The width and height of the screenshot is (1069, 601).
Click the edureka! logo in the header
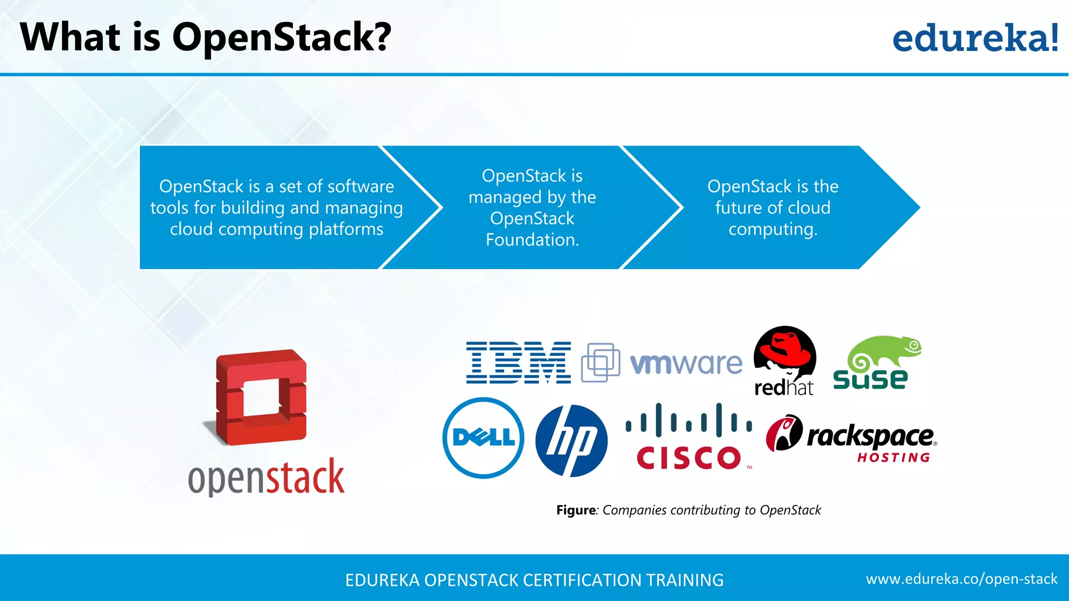pyautogui.click(x=975, y=39)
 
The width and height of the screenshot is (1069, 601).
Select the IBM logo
pyautogui.click(x=518, y=363)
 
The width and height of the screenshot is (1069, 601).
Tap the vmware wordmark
pyautogui.click(x=686, y=363)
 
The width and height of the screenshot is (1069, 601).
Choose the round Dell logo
pyautogui.click(x=483, y=438)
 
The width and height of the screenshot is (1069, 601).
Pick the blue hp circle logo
pyautogui.click(x=572, y=441)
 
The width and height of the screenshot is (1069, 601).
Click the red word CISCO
pyautogui.click(x=688, y=458)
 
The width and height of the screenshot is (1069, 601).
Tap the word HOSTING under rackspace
pyautogui.click(x=894, y=458)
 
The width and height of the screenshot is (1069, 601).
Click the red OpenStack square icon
pyautogui.click(x=261, y=397)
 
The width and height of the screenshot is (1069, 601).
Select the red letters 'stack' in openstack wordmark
pyautogui.click(x=305, y=477)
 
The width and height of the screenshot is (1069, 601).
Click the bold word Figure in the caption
pyautogui.click(x=576, y=510)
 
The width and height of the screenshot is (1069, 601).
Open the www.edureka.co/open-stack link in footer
pyautogui.click(x=961, y=579)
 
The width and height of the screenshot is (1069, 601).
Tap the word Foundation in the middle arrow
pyautogui.click(x=532, y=240)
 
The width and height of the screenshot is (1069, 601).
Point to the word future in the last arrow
pyautogui.click(x=739, y=208)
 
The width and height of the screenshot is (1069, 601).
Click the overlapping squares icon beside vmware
pyautogui.click(x=601, y=362)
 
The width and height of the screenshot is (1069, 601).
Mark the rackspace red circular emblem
pyautogui.click(x=783, y=433)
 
